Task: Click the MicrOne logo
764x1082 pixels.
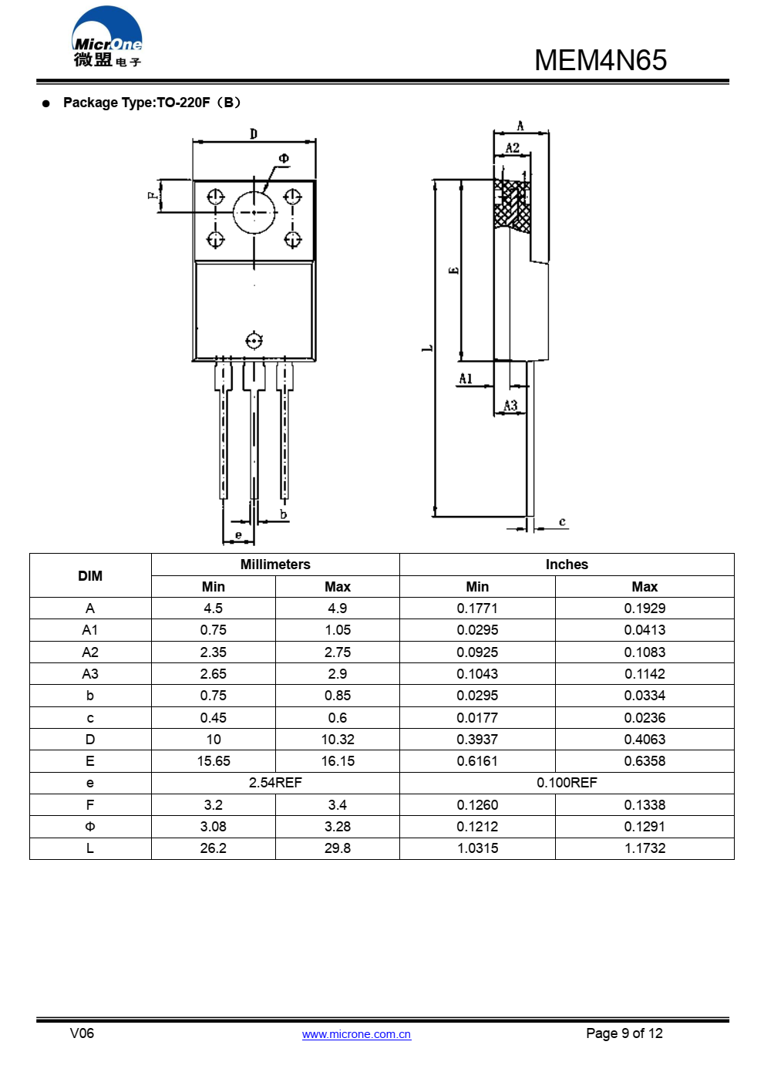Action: [106, 36]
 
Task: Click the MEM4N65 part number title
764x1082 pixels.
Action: [601, 60]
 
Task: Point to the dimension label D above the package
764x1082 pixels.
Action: [254, 133]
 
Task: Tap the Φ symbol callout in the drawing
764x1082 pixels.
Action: [284, 158]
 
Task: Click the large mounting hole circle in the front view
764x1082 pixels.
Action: [254, 212]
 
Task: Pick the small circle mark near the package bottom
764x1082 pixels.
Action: [254, 341]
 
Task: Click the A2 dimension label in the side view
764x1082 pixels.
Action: [513, 147]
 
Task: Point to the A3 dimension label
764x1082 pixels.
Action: [510, 405]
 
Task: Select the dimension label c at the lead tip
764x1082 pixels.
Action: [562, 521]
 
